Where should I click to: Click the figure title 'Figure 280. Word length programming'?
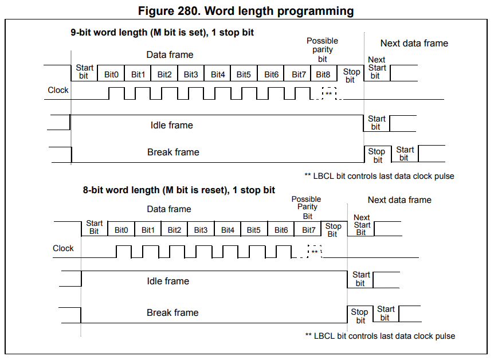246,11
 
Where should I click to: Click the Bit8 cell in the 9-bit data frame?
323,75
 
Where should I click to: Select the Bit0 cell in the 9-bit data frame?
111,75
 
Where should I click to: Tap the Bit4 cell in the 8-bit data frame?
228,230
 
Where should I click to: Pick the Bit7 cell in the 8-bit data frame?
308,230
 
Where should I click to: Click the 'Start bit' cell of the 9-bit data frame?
84,72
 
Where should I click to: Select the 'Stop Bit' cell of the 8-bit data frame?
333,229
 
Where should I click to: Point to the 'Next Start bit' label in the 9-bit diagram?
377,68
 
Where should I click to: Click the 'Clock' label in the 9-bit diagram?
58,90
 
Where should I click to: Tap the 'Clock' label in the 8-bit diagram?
63,248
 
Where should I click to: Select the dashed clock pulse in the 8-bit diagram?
314,251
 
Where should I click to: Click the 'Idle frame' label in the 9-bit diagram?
171,125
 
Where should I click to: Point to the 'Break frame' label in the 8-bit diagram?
172,312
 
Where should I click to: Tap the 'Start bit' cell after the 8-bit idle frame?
361,279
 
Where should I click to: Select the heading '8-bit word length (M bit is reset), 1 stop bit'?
179,190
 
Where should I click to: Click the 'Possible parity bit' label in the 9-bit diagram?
322,49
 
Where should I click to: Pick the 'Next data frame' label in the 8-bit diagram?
399,199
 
